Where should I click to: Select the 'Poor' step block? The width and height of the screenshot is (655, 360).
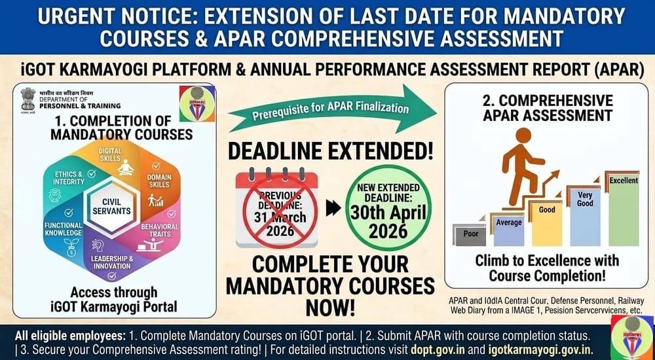pos(469,234)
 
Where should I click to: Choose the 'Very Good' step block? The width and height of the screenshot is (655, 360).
pos(584,216)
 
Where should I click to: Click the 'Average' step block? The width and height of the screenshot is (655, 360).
pos(508,228)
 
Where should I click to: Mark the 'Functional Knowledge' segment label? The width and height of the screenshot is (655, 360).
pos(64,228)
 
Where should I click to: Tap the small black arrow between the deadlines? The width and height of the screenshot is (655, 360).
pos(333,209)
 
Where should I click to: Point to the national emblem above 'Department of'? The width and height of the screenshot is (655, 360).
pos(28,99)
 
